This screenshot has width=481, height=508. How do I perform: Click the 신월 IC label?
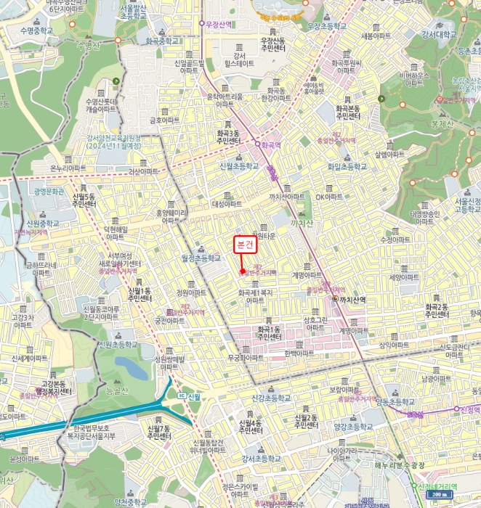point(189,396)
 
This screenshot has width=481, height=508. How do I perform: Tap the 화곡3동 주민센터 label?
point(227,137)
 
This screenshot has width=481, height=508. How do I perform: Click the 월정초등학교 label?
point(201,258)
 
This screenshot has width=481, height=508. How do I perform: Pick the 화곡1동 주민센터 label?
point(273,333)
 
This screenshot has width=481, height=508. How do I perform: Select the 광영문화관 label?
point(49,192)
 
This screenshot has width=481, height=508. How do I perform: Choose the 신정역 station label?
point(469,410)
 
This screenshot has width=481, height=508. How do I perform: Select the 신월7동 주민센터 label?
point(158,433)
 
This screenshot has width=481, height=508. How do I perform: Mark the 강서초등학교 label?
point(262,459)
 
